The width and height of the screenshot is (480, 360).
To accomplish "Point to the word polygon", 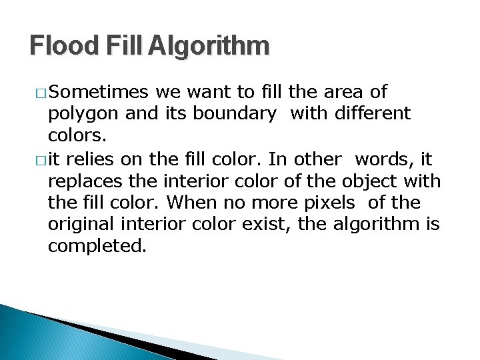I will [x=84, y=114].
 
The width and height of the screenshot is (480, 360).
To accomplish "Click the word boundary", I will [x=234, y=113].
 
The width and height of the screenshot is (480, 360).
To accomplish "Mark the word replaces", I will [x=83, y=181].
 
